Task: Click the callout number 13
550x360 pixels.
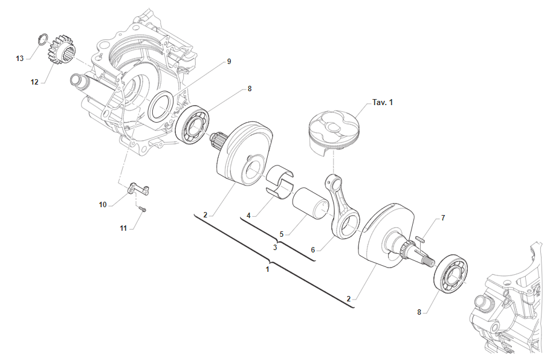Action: (x=20, y=58)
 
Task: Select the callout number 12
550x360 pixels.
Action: (x=34, y=82)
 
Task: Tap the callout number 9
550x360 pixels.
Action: (x=229, y=62)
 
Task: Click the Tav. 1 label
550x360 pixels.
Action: (x=383, y=102)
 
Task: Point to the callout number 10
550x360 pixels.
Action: (x=103, y=205)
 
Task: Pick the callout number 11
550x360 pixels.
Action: (x=123, y=228)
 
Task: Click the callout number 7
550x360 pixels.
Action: (x=443, y=217)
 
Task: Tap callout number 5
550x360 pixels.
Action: (x=281, y=233)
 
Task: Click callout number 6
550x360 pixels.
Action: (x=312, y=249)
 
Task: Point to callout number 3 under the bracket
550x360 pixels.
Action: (x=275, y=247)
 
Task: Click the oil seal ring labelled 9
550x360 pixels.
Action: (x=160, y=107)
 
